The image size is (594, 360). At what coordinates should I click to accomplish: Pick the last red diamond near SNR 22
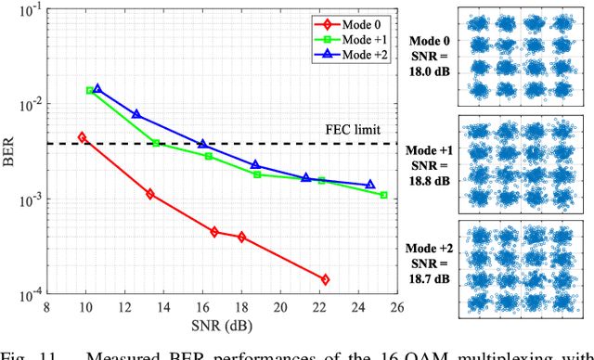[325, 279]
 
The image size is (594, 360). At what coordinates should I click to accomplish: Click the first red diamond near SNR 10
[82, 137]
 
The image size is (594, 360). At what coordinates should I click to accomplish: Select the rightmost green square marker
[383, 195]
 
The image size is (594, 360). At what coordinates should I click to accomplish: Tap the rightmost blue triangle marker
[369, 185]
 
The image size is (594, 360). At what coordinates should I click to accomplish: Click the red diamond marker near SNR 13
[149, 194]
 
